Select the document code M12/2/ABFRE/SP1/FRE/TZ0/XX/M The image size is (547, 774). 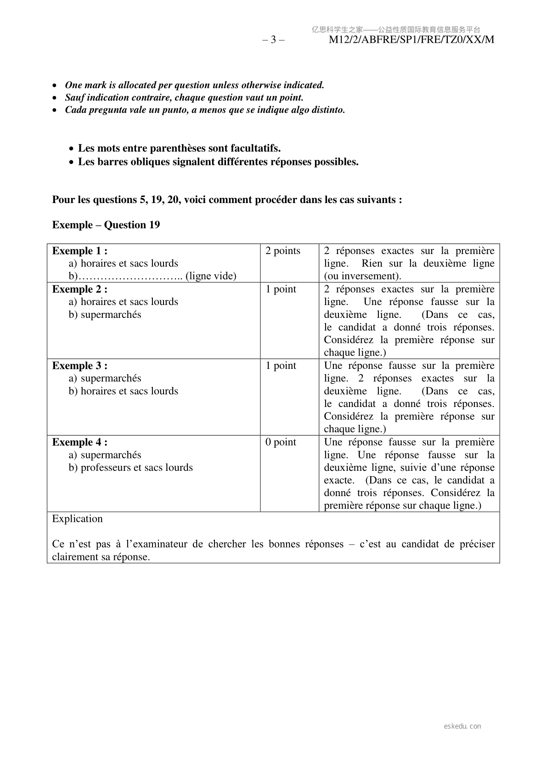(412, 40)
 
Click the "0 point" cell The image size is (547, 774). (281, 442)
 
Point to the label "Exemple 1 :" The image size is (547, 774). (80, 251)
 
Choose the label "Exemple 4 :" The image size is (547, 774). (80, 442)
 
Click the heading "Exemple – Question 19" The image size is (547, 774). (106, 225)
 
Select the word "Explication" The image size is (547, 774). (77, 519)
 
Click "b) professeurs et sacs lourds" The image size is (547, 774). (131, 468)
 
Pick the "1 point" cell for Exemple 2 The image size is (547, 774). (281, 289)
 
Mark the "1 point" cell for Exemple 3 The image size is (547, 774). (281, 366)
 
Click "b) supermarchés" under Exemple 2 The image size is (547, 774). (105, 315)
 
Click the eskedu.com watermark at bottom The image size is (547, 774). (462, 726)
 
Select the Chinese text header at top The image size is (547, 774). (396, 30)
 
